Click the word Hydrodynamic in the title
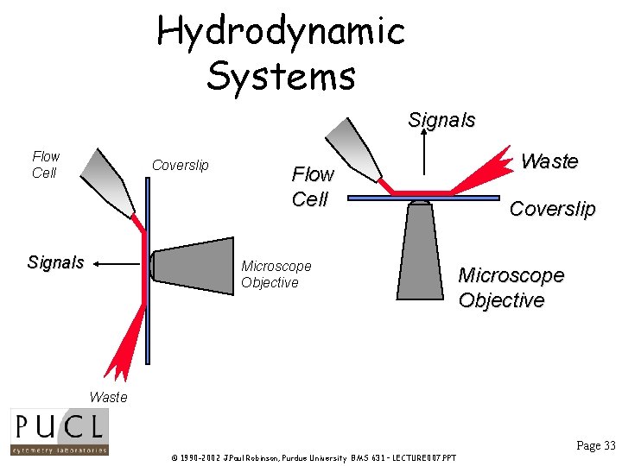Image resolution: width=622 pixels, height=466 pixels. coord(281,32)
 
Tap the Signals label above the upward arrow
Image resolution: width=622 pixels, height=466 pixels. coord(441,120)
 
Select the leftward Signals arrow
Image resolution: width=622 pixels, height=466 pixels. coord(117,262)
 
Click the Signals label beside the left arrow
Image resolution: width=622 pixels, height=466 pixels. coord(55,262)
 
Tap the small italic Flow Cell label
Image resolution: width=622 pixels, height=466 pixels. coord(45,164)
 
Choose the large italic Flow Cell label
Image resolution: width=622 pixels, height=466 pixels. coord(311,186)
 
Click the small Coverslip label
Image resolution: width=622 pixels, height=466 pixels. coord(180,165)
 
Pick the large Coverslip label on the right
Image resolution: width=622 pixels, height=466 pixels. coord(552,209)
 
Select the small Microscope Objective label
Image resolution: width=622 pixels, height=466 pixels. coord(276,274)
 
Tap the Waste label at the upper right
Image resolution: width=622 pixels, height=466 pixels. coord(549,161)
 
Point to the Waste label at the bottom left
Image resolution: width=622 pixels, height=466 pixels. coord(108,397)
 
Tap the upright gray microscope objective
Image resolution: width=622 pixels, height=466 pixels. coord(420,249)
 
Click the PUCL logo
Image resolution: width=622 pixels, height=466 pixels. coord(59,431)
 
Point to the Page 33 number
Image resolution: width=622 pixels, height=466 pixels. coord(596,445)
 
